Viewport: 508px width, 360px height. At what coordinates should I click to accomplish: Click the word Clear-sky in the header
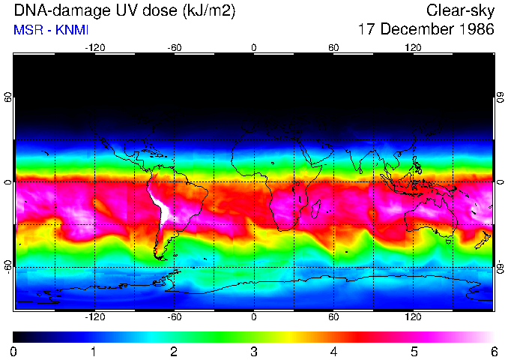(460, 10)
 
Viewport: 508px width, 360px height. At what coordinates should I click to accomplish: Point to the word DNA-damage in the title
(59, 10)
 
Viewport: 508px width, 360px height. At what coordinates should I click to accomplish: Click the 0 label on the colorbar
(14, 351)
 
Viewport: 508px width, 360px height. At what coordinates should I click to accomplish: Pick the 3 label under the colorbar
(253, 351)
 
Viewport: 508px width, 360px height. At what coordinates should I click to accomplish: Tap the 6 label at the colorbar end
(493, 351)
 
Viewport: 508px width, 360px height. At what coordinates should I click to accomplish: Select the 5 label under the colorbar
(413, 351)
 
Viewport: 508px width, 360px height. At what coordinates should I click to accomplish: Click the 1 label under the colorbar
(94, 351)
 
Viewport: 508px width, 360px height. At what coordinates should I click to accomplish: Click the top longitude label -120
(94, 47)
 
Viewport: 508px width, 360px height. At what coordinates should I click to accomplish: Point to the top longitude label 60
(333, 47)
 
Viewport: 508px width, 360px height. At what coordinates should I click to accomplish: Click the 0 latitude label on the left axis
(8, 182)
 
